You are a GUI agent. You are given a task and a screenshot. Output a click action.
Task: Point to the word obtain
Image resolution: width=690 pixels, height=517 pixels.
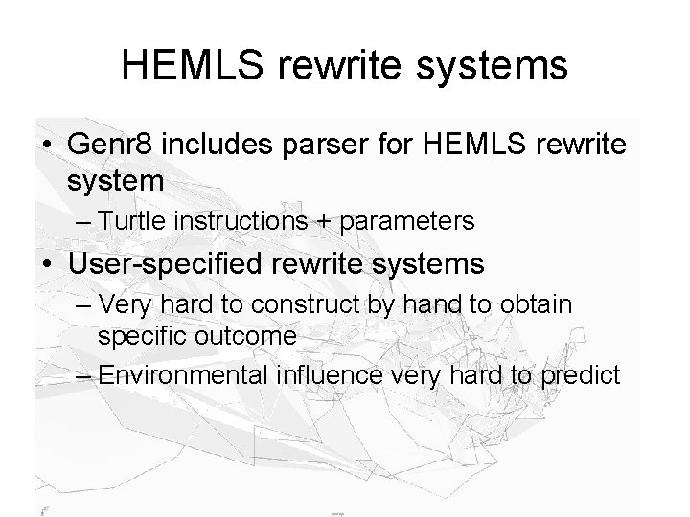click(x=540, y=305)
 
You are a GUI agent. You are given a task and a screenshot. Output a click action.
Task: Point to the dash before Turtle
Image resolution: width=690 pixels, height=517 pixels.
click(x=81, y=223)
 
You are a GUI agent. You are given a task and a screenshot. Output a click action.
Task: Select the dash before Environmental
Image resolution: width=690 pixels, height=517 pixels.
click(x=81, y=373)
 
